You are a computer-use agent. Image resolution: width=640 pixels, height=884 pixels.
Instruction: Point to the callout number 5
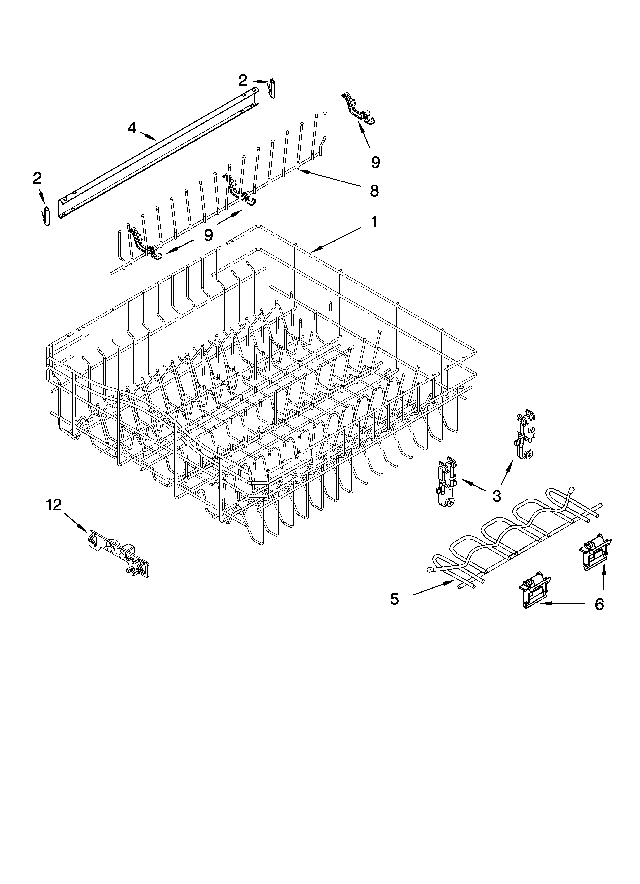click(394, 599)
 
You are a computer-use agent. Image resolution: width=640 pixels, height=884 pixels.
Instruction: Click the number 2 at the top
click(242, 81)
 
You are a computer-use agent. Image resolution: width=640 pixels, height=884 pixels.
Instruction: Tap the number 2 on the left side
click(37, 179)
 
